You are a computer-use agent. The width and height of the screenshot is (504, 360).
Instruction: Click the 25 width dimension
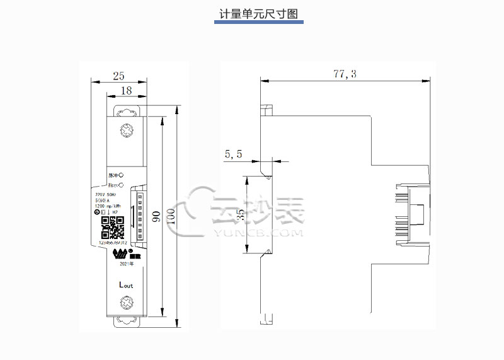pos(118,76)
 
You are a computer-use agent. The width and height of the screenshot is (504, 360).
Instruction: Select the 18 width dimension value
pos(125,91)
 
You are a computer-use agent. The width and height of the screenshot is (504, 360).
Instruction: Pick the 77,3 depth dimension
pos(345,74)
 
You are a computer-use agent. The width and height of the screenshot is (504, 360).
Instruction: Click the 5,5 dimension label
pos(233,153)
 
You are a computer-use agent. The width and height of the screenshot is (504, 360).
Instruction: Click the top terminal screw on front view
pos(127,131)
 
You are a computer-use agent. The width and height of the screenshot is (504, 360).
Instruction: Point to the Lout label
pos(126,284)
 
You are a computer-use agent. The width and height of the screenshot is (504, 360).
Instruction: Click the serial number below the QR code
pos(114,241)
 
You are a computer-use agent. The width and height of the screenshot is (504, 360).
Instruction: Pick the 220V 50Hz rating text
pos(106,195)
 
